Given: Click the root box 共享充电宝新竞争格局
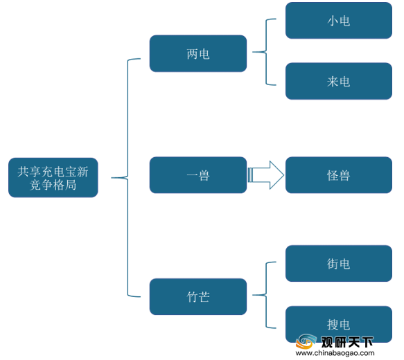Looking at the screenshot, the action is pos(53,177).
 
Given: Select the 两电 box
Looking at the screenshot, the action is pos(198,53).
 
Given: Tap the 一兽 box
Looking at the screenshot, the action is pos(198,175).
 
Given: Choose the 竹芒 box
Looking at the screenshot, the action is pos(198,296).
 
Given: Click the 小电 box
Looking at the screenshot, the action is pos(339,21).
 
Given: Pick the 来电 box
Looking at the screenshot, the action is pos(339,81).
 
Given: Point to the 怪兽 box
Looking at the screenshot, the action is pos(339,175).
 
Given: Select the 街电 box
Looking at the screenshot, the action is pos(339,264).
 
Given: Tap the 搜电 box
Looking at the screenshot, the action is pos(339,324).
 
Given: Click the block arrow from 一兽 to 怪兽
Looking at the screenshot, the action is pos(265,175).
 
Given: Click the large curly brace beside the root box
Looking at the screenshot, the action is pos(128,177).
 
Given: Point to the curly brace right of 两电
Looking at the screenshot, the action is pos(266,52).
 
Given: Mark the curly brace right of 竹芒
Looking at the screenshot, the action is pos(266,295).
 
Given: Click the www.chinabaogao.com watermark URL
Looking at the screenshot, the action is pos(335,353).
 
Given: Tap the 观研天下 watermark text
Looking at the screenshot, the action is pos(347,342).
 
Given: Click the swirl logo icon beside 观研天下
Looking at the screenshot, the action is pos(306,341).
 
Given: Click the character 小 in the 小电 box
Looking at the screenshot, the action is pos(333,21).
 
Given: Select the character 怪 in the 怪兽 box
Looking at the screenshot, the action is pos(333,175).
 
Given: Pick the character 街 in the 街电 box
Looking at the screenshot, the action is pos(333,264).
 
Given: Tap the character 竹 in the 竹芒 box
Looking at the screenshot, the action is pos(192,297).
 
